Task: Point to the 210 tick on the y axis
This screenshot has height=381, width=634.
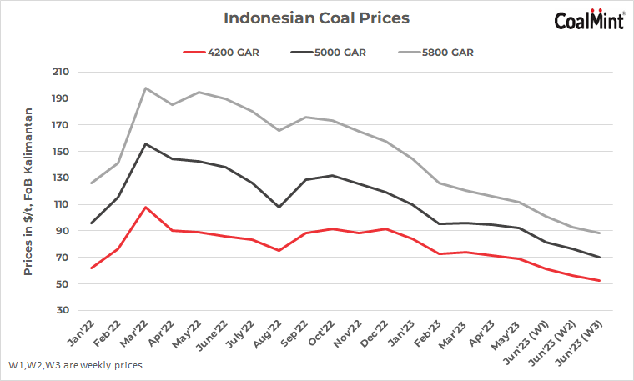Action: pos(59,72)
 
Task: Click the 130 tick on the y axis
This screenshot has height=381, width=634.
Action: pos(59,178)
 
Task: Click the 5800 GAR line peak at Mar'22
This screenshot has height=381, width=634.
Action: pos(145,88)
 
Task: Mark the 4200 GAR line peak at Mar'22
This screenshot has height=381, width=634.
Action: pos(145,207)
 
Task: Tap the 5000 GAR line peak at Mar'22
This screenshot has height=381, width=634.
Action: pos(145,143)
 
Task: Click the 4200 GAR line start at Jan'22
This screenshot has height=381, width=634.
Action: pos(91,268)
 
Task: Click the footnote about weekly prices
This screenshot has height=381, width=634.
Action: pos(76,365)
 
